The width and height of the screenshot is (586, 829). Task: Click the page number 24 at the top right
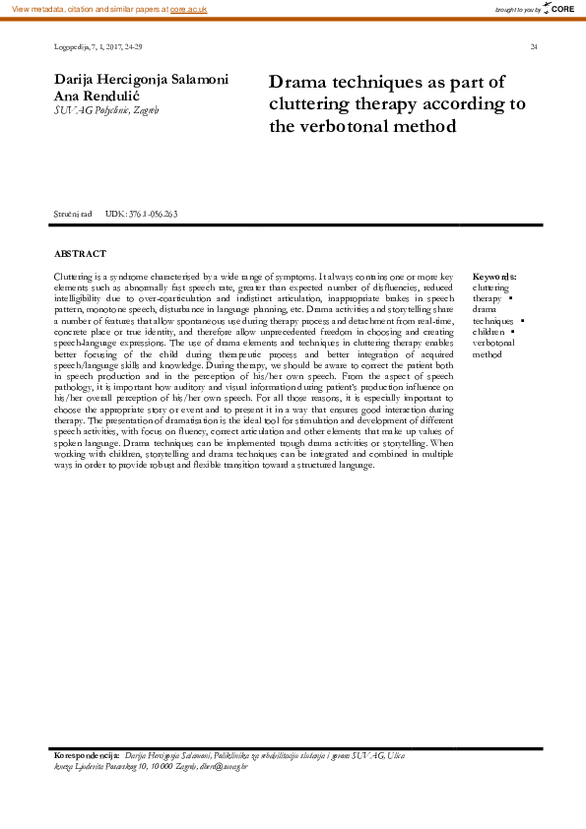533,46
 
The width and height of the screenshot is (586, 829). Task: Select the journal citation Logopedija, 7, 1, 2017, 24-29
98,46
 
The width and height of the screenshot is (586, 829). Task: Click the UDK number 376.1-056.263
142,214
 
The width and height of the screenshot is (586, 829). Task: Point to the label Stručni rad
73,214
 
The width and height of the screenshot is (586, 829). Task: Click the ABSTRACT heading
80,254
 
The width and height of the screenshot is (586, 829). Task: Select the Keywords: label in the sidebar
494,277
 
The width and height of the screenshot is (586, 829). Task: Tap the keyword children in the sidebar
489,332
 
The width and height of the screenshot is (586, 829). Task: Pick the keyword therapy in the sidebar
487,298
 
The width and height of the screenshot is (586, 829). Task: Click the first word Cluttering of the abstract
74,277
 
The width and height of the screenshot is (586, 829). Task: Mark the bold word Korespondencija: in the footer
87,755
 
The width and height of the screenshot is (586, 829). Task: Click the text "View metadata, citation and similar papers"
85,8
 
